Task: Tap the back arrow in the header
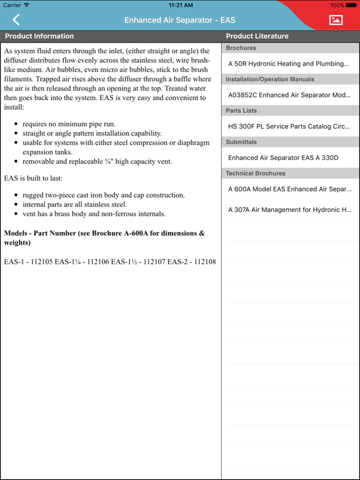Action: point(16,20)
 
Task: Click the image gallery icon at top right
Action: point(336,20)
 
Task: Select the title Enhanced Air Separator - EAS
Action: point(180,21)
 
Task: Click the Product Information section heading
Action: point(39,36)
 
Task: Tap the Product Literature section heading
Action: point(257,36)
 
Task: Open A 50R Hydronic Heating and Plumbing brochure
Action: point(288,64)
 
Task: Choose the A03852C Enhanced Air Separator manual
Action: point(288,95)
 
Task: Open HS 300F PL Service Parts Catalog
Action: point(288,126)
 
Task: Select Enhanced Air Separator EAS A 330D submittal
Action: point(283,157)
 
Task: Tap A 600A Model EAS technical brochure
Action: point(288,189)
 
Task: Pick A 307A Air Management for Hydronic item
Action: point(288,210)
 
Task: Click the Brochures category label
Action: point(241,48)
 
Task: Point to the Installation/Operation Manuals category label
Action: point(270,79)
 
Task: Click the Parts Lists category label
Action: point(241,111)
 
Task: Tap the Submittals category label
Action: point(241,142)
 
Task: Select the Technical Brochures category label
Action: point(256,173)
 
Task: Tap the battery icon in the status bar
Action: point(351,5)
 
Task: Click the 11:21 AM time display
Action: point(180,5)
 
